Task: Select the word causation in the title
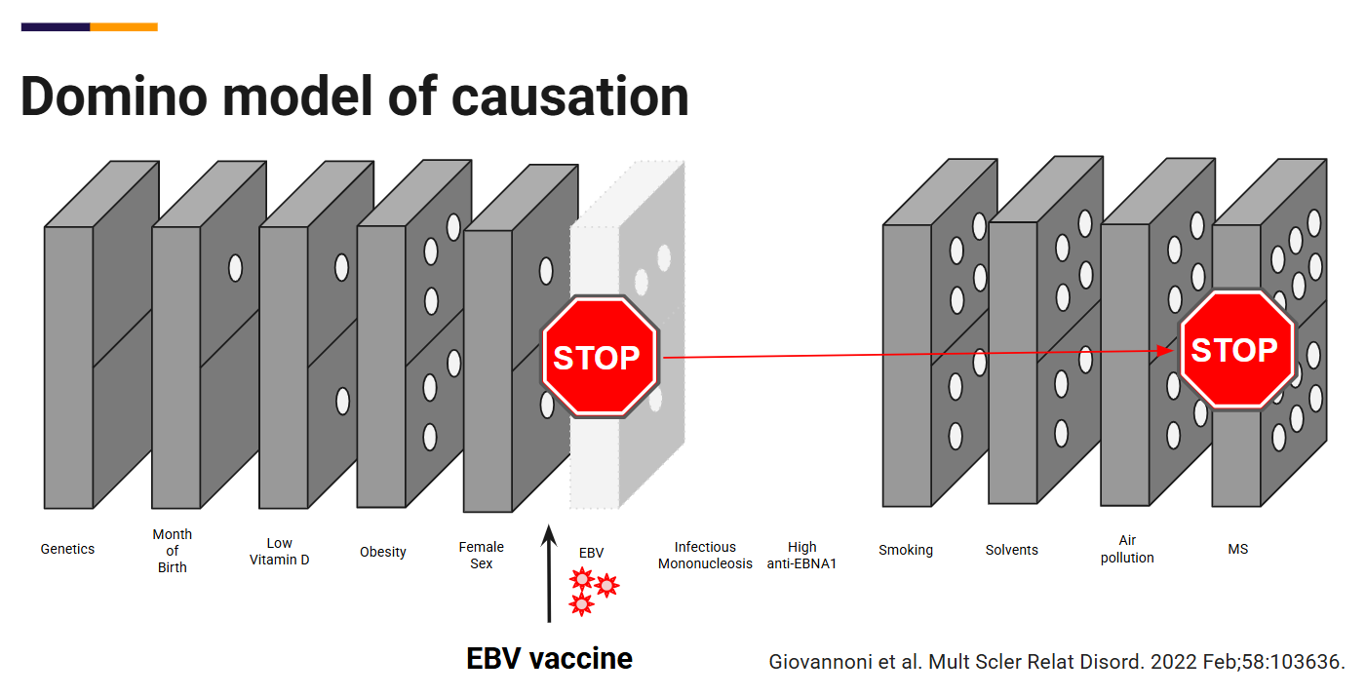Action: (x=570, y=97)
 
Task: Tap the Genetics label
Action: (x=67, y=549)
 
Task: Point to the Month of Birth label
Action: (x=173, y=551)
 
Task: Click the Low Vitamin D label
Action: (x=279, y=552)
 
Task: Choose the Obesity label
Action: (x=382, y=552)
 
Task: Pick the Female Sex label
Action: (x=482, y=556)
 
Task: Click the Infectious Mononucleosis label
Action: (x=705, y=556)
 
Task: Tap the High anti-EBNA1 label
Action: (x=801, y=556)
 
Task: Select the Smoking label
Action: (x=905, y=550)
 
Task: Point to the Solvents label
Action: (x=1011, y=550)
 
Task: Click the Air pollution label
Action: (x=1127, y=549)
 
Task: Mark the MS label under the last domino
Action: (x=1237, y=549)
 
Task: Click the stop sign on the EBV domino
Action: (x=597, y=358)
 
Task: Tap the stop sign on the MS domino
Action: (x=1234, y=350)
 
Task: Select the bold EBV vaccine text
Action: (x=549, y=659)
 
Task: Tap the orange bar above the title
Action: (x=124, y=27)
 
